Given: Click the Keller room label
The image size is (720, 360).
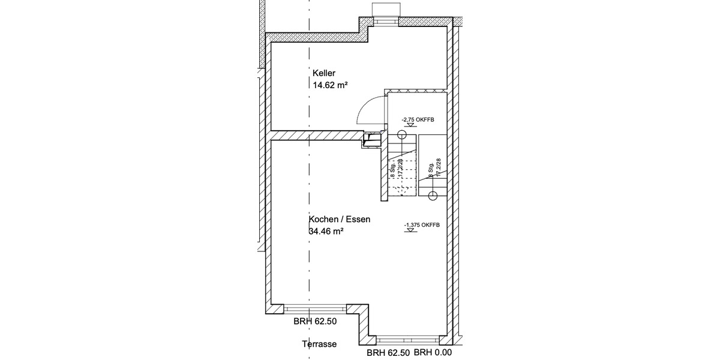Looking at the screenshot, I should pos(324,73).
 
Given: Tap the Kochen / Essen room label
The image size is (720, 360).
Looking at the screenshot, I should pos(340,220).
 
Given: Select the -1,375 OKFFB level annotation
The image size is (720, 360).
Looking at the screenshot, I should pos(422,225).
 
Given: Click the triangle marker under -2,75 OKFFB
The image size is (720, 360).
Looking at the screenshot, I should pos(404,126).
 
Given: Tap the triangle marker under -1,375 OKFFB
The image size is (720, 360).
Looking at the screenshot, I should pos(408,232).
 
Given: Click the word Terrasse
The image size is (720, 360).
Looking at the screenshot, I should pos(319,344).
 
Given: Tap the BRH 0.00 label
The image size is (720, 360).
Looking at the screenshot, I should pos(433,353).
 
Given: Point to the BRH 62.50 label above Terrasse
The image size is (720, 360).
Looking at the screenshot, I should pos(315,322).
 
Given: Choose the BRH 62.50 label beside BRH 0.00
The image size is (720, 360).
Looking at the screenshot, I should pos(388,353).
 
